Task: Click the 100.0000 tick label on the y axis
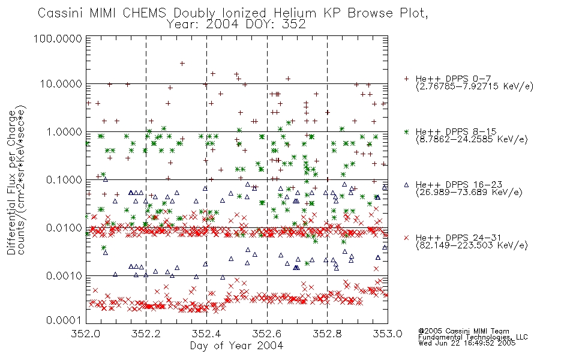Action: (x=58, y=38)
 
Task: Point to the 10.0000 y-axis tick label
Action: (x=61, y=84)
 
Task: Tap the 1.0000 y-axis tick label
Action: (x=64, y=131)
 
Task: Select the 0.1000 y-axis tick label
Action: (x=64, y=179)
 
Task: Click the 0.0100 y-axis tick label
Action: (x=64, y=228)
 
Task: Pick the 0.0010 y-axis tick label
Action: (x=64, y=276)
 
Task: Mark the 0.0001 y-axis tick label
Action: (x=64, y=320)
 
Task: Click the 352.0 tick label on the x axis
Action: (x=86, y=334)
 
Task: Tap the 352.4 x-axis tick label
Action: (x=206, y=334)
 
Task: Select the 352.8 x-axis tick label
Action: (x=327, y=334)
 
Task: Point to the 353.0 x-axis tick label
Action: (x=388, y=334)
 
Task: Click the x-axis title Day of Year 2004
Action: (x=236, y=346)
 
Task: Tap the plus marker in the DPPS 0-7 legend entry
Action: (x=406, y=79)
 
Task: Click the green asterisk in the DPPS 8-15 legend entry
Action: (x=406, y=131)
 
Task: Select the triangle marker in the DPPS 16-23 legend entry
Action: (x=406, y=185)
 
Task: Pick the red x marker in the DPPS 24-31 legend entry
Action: (x=406, y=238)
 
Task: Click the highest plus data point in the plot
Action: (x=182, y=64)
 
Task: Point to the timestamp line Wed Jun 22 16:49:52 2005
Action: (x=467, y=343)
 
